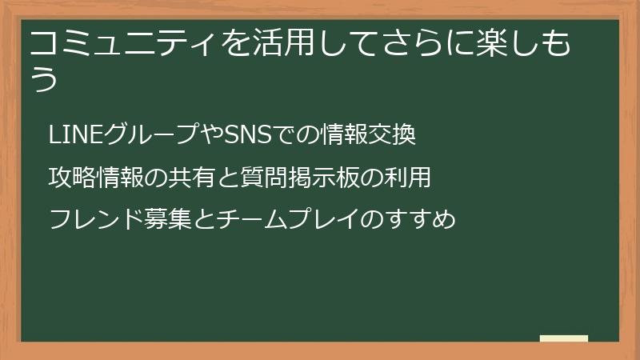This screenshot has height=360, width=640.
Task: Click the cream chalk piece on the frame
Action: pos(563,338)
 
